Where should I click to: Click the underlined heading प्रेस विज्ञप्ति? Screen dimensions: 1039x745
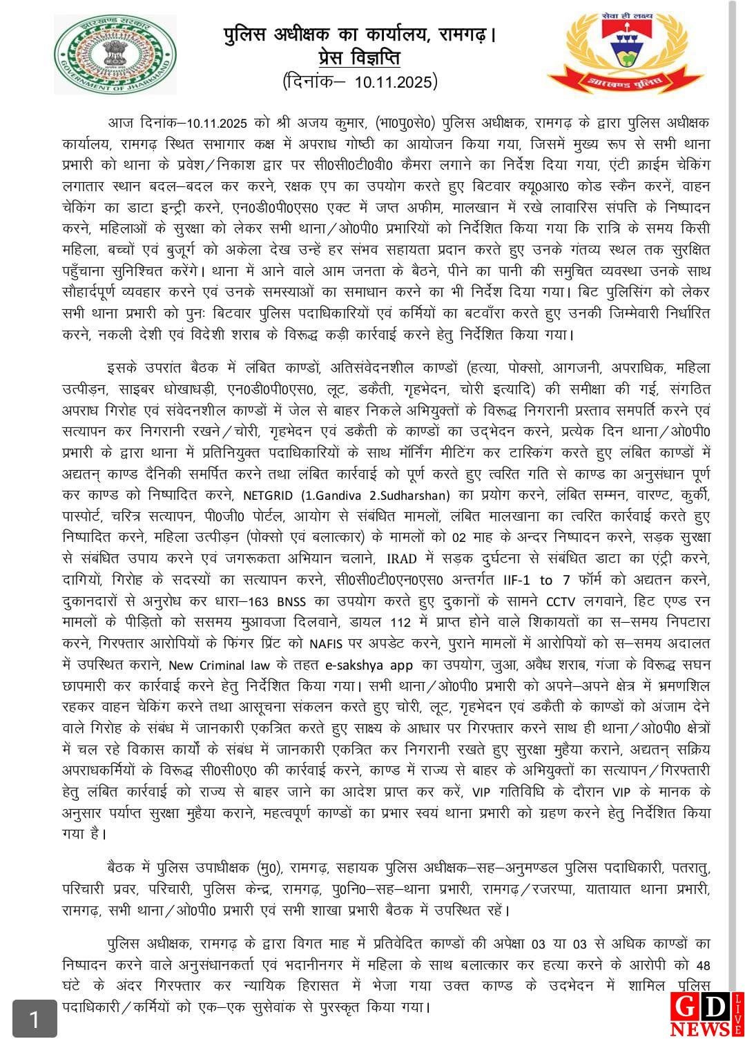point(360,57)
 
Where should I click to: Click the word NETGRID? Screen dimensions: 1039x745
point(270,496)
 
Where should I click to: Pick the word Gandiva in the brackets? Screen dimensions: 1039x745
point(334,496)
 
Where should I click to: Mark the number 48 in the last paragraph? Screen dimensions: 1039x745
point(703,964)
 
